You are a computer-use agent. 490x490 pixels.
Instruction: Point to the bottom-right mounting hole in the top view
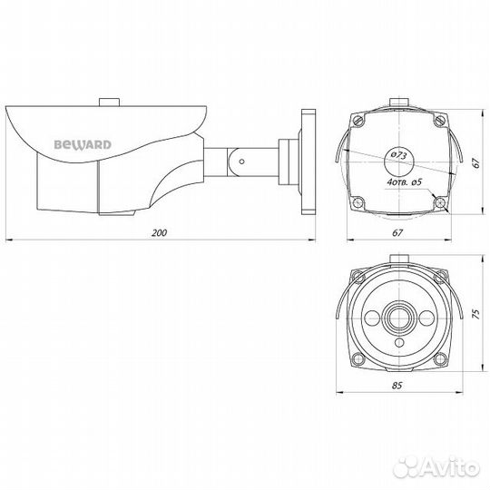coord(439,202)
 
